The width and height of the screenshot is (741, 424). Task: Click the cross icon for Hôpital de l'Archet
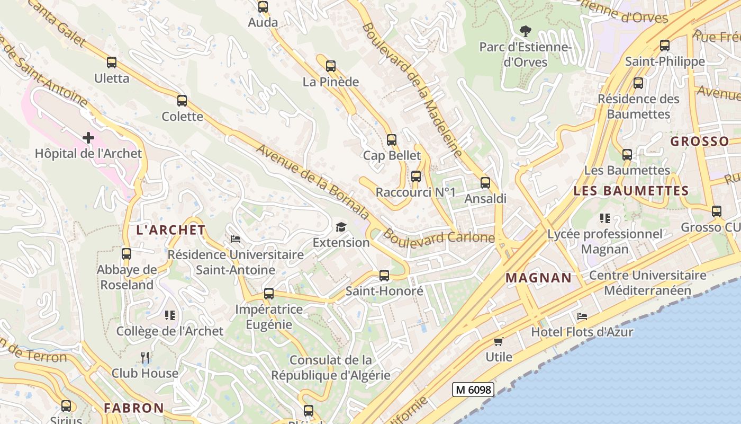coord(88,138)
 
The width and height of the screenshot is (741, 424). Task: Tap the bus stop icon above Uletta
coord(112,63)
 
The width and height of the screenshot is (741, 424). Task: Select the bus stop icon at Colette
coord(182,101)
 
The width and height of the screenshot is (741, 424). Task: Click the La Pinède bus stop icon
coord(331,66)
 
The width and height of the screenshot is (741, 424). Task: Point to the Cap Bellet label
coord(392,155)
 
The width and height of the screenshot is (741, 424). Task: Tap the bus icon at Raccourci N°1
coord(416,176)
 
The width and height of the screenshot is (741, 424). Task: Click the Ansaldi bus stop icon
coord(485,183)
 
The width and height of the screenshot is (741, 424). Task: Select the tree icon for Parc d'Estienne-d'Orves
coord(525,31)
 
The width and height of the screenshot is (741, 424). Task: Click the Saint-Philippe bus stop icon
coord(665,46)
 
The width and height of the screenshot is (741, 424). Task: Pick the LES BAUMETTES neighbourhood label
coord(631,191)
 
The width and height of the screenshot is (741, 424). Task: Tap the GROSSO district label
coord(700,142)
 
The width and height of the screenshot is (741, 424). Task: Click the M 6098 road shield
coord(473,390)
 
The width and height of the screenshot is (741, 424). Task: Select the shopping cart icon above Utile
coord(498,341)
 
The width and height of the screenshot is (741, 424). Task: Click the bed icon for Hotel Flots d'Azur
coord(582,316)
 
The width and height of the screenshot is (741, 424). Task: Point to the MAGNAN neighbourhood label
coord(538,278)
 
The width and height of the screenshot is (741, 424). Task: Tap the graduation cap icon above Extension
coord(341,227)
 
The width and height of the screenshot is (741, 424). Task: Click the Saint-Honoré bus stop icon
coord(384,276)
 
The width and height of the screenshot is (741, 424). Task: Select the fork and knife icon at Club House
coord(145,358)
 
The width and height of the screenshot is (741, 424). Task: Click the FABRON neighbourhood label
coord(134,408)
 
